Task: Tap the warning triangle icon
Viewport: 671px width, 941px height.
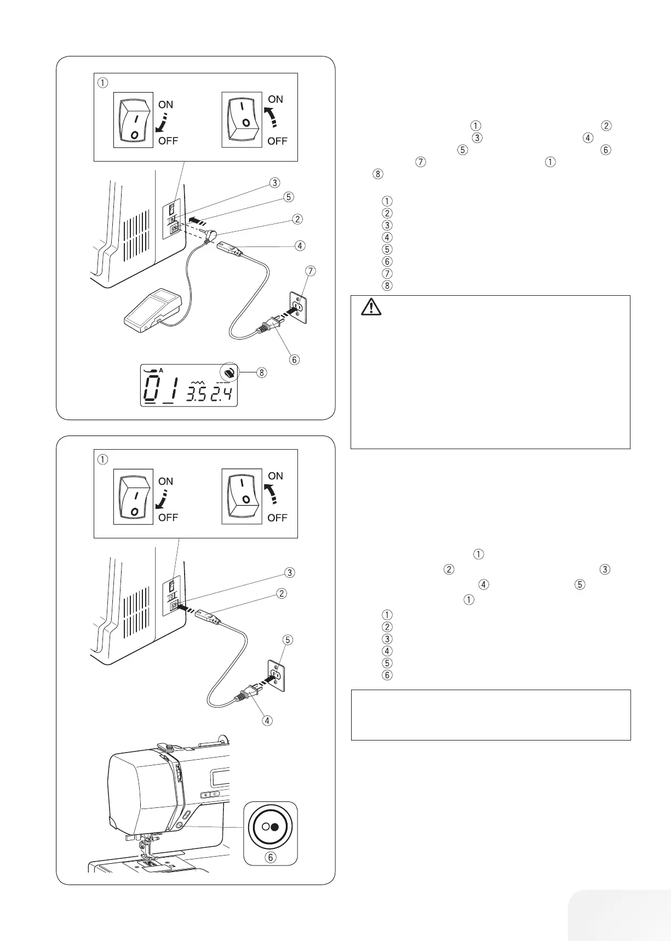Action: (371, 308)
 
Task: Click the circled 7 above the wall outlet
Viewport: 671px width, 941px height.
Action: (312, 271)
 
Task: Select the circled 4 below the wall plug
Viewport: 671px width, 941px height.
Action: (267, 720)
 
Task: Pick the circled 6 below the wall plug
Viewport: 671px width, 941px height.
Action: (295, 359)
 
